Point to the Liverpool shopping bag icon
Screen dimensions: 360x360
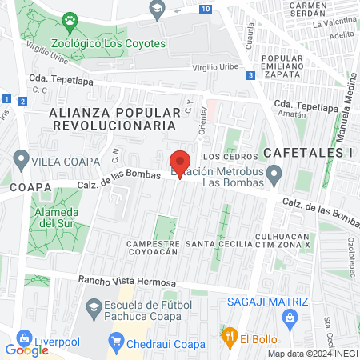(23, 337)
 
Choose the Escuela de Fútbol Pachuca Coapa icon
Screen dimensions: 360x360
(94, 308)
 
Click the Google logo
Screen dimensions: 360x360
(26, 350)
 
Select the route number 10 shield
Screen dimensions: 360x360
(207, 9)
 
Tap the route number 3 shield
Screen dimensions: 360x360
(251, 75)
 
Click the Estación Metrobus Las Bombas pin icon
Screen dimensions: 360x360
(274, 173)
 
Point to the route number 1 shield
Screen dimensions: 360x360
(6, 98)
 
